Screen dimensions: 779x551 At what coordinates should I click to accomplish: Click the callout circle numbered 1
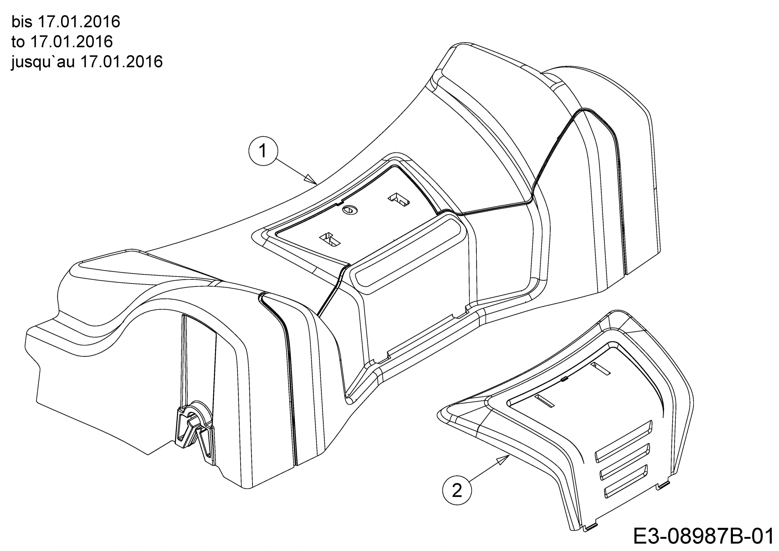pyautogui.click(x=263, y=151)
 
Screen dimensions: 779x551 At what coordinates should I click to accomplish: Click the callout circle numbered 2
pyautogui.click(x=457, y=491)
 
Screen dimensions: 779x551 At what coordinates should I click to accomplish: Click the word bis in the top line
pyautogui.click(x=22, y=22)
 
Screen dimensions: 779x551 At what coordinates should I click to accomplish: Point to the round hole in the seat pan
pyautogui.click(x=350, y=210)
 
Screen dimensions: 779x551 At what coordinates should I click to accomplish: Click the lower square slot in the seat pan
pyautogui.click(x=330, y=240)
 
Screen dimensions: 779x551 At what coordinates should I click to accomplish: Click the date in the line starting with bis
pyautogui.click(x=79, y=22)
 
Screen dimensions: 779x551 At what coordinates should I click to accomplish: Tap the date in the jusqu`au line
pyautogui.click(x=122, y=62)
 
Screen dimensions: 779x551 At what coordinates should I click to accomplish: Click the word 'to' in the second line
pyautogui.click(x=18, y=42)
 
